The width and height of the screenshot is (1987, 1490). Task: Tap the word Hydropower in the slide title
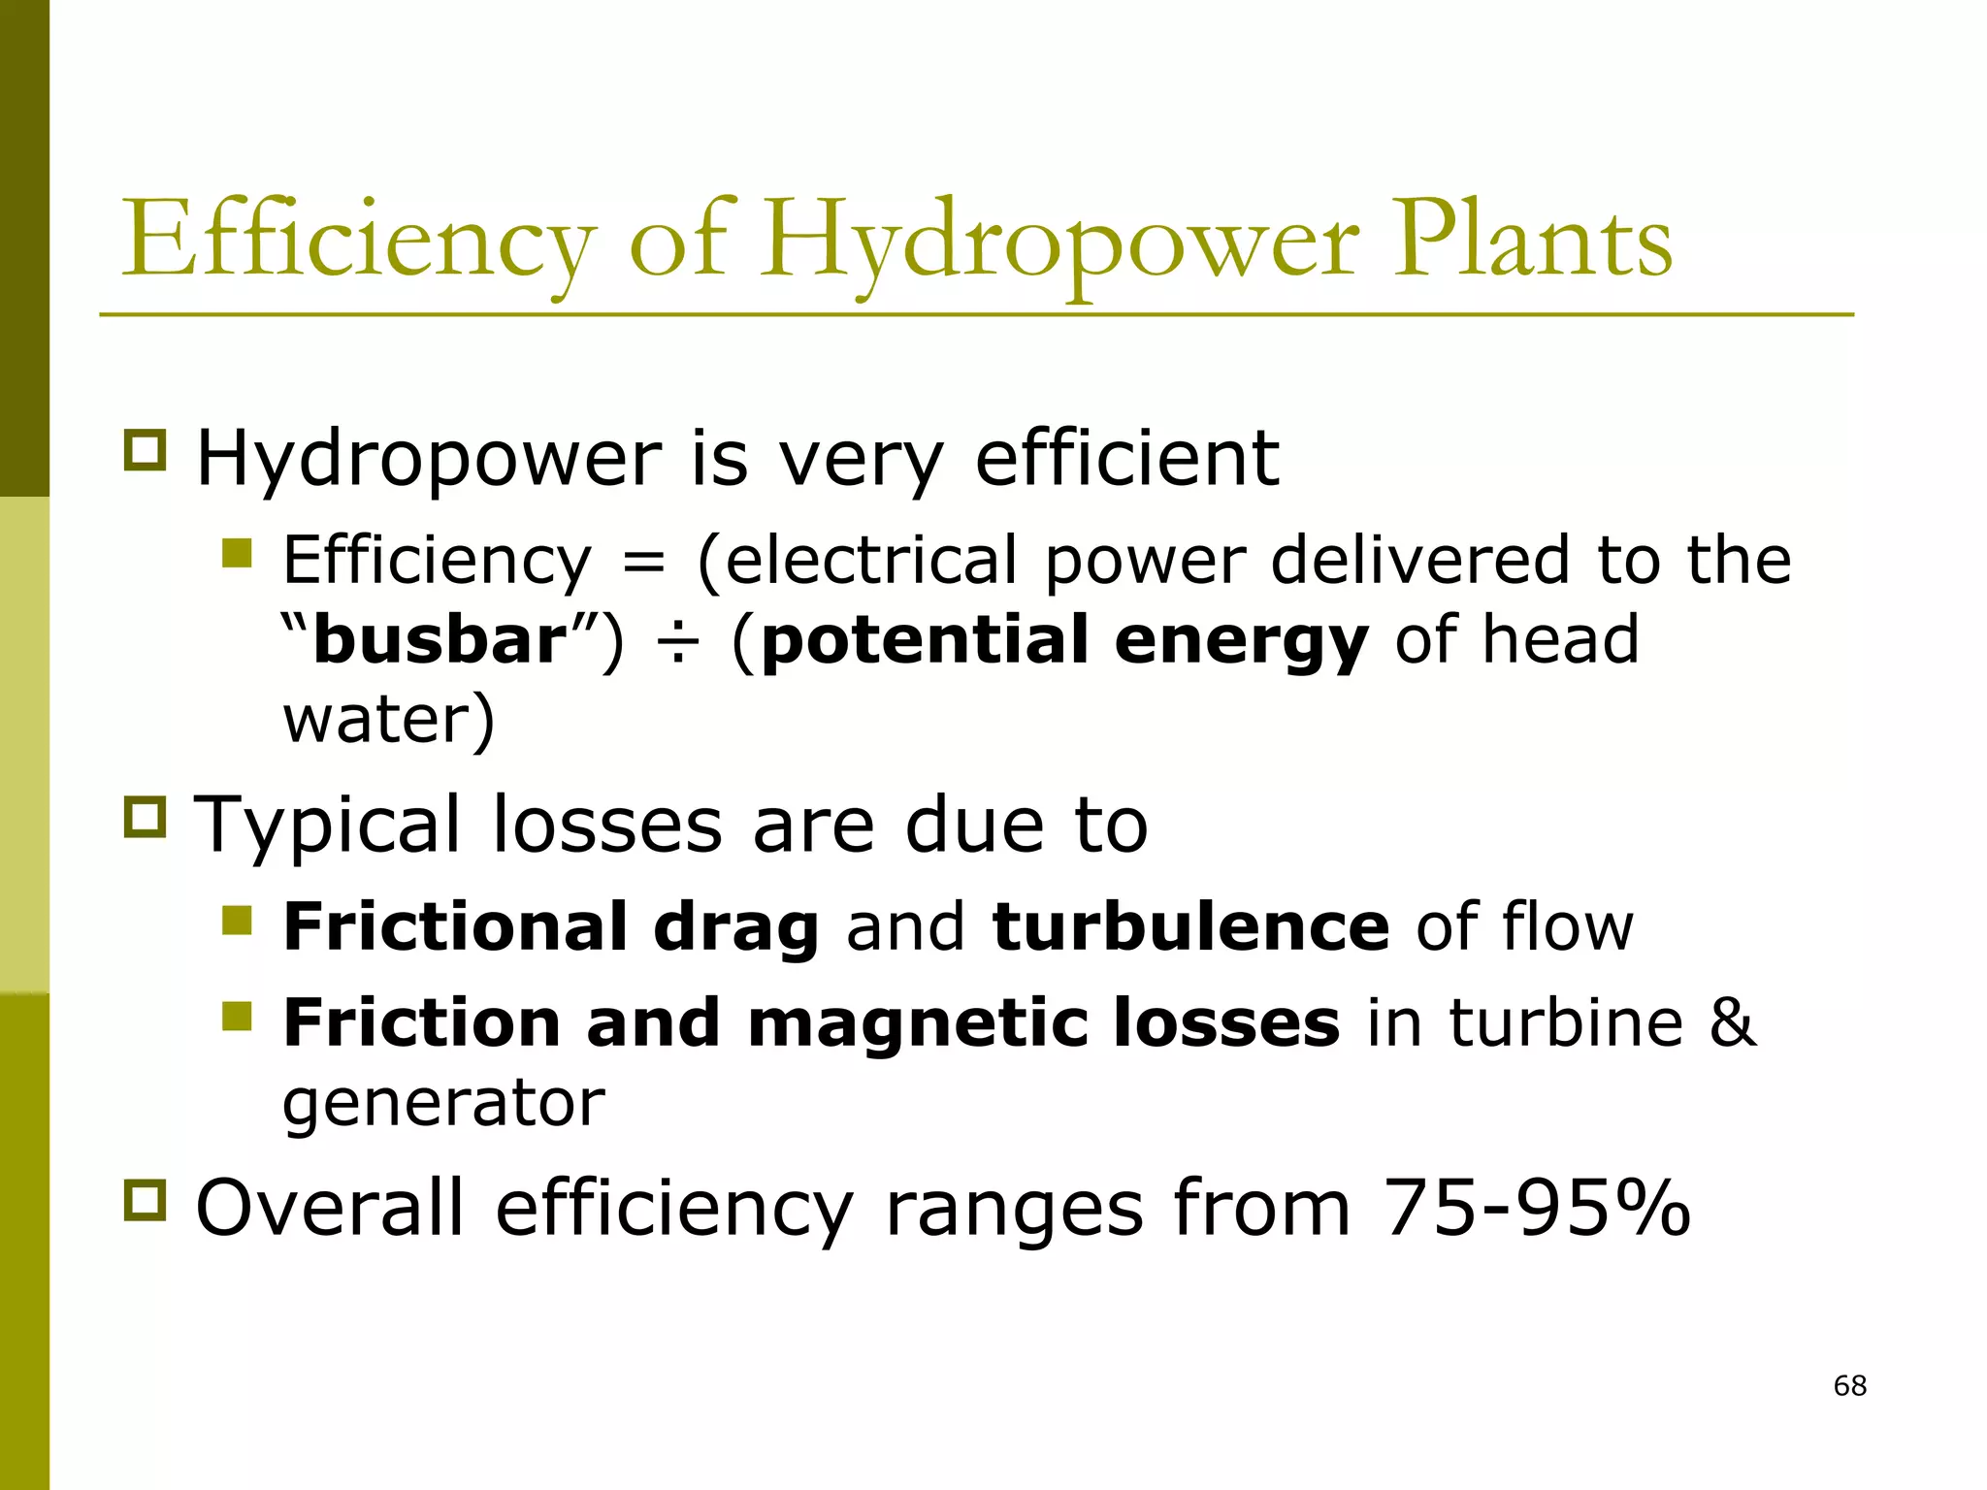[x=1059, y=243]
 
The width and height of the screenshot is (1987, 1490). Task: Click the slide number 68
[x=1850, y=1385]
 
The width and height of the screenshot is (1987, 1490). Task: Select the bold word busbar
[x=440, y=640]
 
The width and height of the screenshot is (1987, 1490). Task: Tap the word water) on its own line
[x=388, y=719]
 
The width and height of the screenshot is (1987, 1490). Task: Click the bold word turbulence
[x=1191, y=926]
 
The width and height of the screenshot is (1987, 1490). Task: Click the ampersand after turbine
[x=1733, y=1022]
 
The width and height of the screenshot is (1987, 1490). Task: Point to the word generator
[x=443, y=1104]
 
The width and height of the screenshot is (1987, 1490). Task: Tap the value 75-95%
[x=1537, y=1208]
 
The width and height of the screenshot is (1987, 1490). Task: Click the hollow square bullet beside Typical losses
[x=146, y=817]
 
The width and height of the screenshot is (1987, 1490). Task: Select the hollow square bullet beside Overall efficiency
[x=146, y=1199]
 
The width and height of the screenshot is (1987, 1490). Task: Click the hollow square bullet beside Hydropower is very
[x=146, y=450]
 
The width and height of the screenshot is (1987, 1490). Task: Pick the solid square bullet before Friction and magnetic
[x=237, y=1016]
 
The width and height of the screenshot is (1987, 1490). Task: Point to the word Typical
[x=327, y=826]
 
